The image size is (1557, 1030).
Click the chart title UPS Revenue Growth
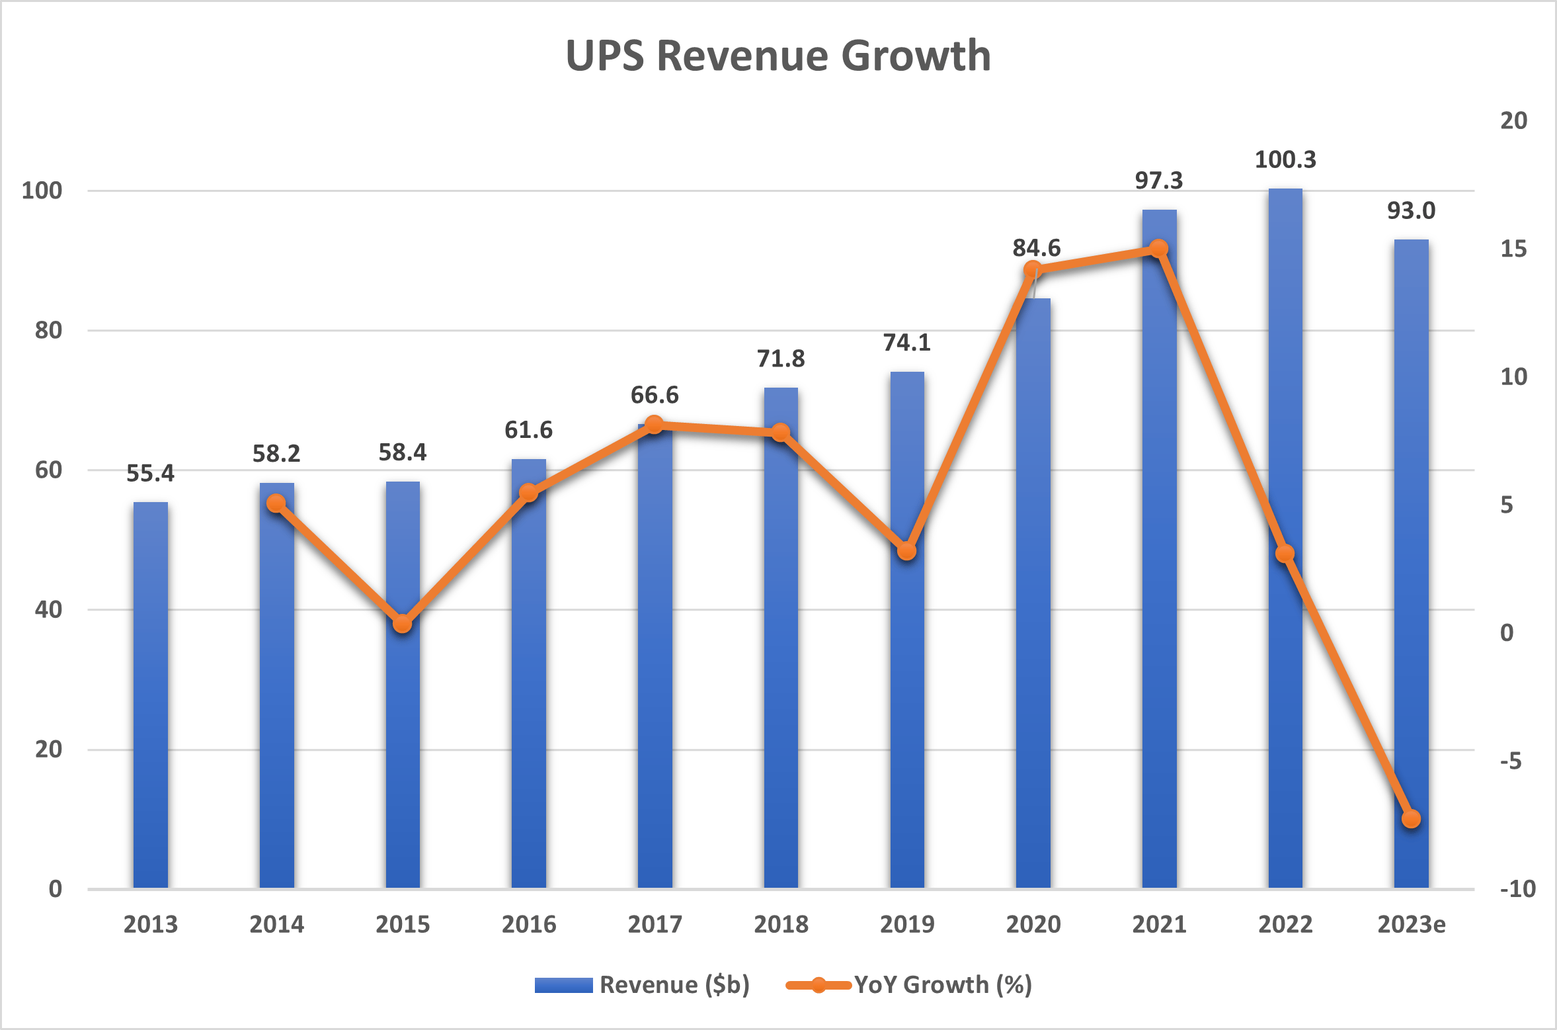tap(778, 56)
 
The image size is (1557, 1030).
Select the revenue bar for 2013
tap(151, 695)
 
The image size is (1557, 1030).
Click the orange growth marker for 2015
tap(403, 624)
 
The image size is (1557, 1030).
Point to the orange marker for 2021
tap(1159, 249)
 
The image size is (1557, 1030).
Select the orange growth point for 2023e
tap(1411, 819)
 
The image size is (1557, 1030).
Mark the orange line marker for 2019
tap(907, 551)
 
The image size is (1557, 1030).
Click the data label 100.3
tap(1285, 159)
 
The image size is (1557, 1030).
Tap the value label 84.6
tap(1036, 248)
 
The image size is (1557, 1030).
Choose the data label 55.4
tap(150, 474)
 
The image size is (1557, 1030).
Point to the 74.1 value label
tap(907, 343)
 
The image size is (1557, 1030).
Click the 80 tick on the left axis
tap(48, 330)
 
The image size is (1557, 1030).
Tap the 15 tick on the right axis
tap(1513, 249)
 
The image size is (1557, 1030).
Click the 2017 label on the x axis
tap(655, 924)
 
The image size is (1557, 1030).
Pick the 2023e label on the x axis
tap(1411, 924)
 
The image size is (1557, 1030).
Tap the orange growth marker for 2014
tap(276, 504)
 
